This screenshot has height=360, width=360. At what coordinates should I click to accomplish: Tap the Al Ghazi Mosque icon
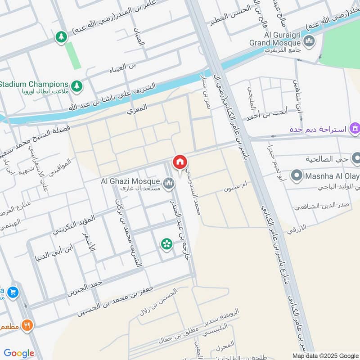(169, 183)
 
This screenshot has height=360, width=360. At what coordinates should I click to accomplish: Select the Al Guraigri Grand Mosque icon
(309, 43)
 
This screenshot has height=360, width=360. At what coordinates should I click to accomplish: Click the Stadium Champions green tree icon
(77, 85)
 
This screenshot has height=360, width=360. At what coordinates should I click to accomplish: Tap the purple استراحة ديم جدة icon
(355, 130)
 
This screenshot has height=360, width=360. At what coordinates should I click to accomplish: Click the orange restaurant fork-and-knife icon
(27, 325)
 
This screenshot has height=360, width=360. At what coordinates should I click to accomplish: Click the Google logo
(19, 353)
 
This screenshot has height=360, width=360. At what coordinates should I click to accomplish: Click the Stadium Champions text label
(34, 84)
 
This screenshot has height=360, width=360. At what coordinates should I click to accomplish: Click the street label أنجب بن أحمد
(267, 115)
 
